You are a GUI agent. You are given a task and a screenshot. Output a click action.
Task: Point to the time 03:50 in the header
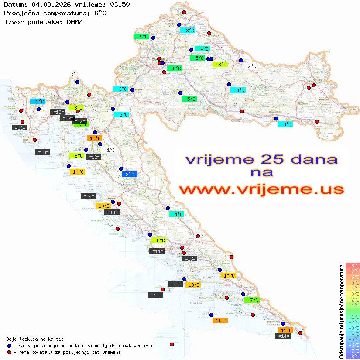point(120,4)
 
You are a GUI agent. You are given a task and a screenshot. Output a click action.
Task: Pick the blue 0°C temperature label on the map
point(130,175)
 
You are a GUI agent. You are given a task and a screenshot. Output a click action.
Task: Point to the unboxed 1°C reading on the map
point(111,150)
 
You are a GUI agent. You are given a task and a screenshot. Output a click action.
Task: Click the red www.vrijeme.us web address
point(261,189)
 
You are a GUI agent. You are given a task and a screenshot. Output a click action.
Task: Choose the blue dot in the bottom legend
point(9,346)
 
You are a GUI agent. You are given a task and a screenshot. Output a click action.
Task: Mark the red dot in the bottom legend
point(9,352)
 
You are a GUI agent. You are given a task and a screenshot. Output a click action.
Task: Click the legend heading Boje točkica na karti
point(35,339)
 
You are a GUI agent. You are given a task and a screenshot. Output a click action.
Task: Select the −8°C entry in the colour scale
point(352,357)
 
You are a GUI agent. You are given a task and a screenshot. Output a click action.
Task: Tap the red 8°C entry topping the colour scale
point(352,266)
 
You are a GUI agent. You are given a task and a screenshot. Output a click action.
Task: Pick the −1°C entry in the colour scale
point(352,317)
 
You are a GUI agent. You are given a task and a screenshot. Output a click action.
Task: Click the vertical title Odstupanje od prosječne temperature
point(342,311)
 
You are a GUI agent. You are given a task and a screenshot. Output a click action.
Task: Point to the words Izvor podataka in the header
point(29,21)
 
